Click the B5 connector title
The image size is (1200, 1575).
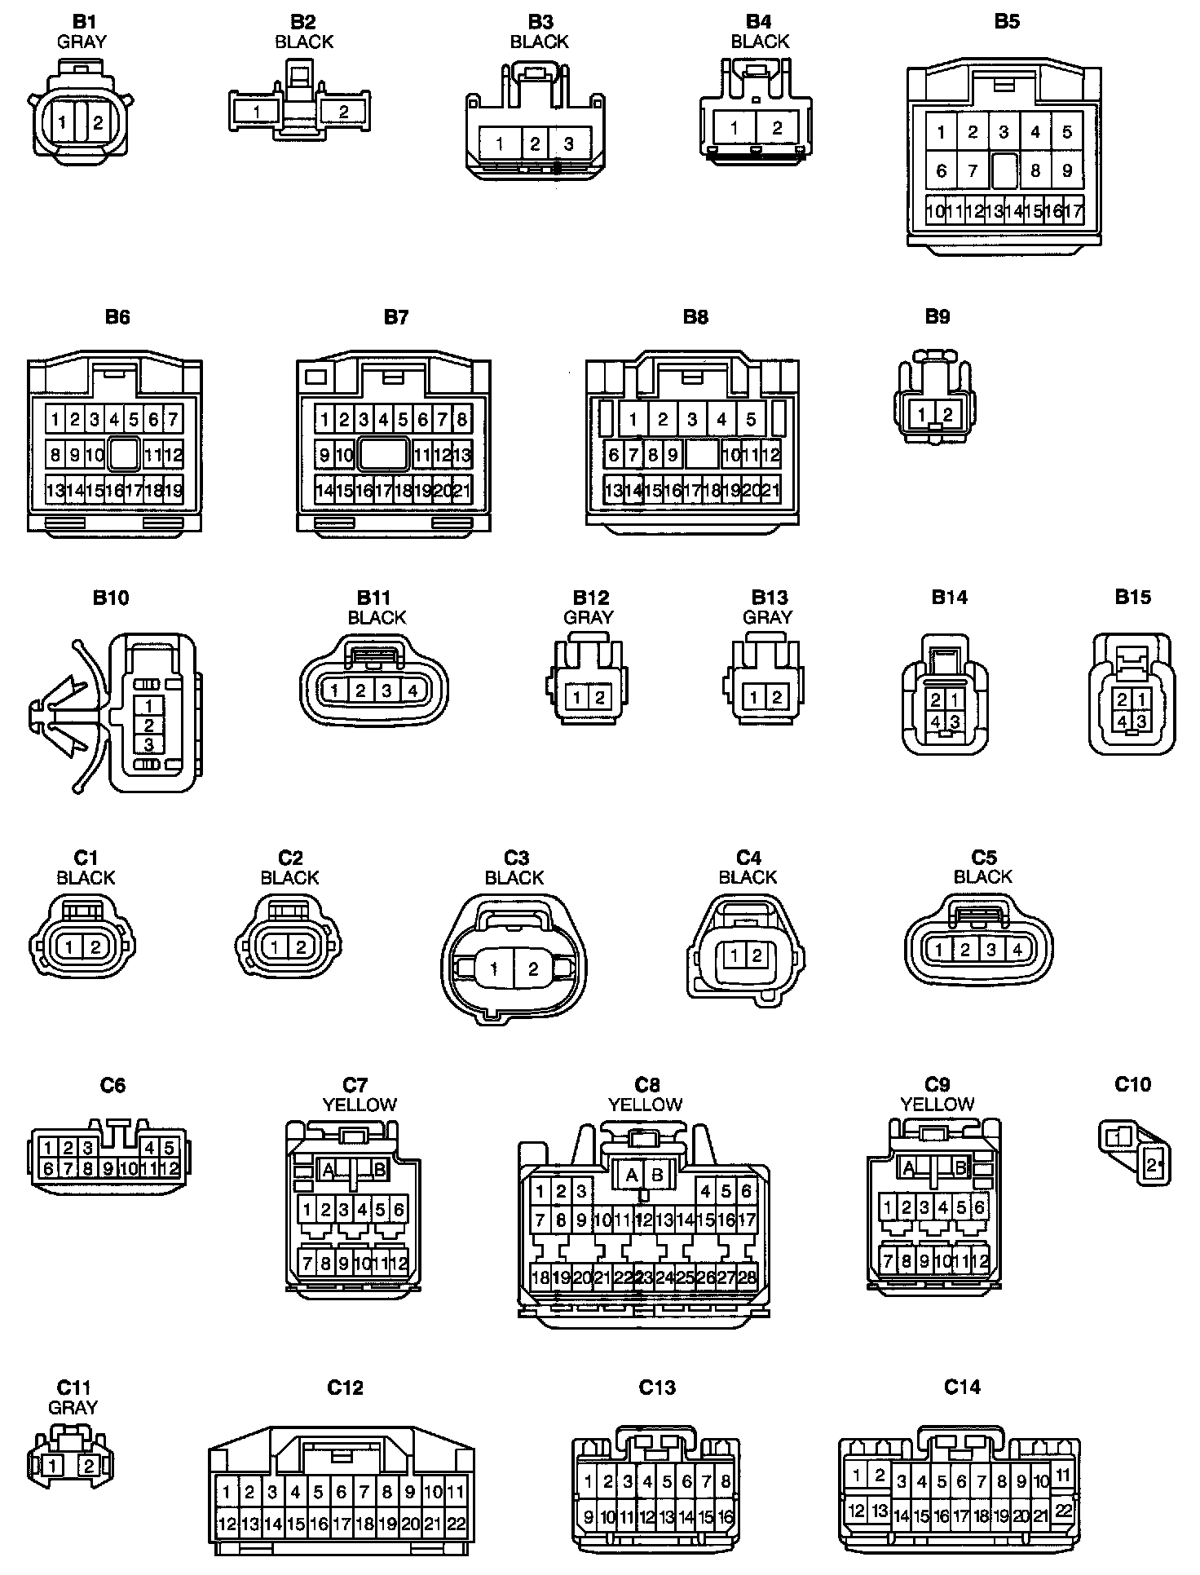click(x=1006, y=22)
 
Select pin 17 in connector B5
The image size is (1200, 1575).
click(x=1074, y=212)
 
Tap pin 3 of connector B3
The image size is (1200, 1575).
click(x=568, y=144)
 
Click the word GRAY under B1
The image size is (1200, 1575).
click(x=82, y=42)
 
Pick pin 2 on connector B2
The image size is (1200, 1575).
click(x=343, y=112)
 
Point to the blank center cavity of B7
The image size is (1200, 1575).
click(x=383, y=454)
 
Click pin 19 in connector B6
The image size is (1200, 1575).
click(x=173, y=491)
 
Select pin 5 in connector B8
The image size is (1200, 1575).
click(x=751, y=420)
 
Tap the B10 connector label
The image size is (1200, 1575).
click(x=110, y=598)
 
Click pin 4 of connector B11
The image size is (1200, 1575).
click(x=412, y=691)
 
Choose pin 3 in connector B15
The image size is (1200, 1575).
click(x=1141, y=721)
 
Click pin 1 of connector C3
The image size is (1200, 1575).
click(x=495, y=969)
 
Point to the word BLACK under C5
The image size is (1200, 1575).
click(x=982, y=877)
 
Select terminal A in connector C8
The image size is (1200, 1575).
click(x=631, y=1176)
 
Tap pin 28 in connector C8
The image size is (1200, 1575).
click(x=746, y=1277)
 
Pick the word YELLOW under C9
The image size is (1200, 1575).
click(x=937, y=1105)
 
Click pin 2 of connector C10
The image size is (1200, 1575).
click(x=1153, y=1166)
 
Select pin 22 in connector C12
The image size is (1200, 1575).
click(x=457, y=1524)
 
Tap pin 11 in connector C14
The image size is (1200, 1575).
click(x=1062, y=1475)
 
